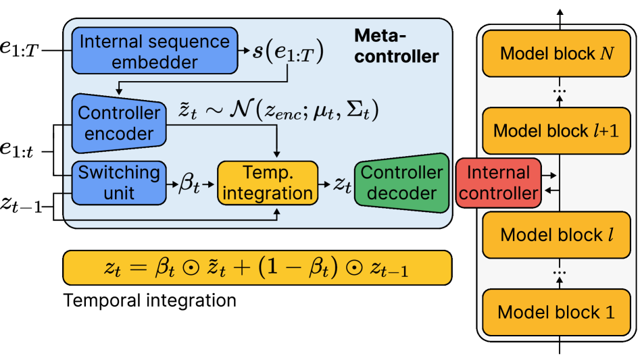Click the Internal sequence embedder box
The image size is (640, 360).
[x=155, y=51]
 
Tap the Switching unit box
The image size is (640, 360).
[x=119, y=182]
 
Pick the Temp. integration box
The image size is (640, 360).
[x=268, y=182]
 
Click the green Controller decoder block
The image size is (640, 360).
[x=401, y=182]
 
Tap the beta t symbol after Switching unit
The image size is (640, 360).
[x=189, y=184]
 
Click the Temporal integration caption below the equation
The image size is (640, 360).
[x=149, y=301]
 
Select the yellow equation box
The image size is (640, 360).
[x=257, y=268]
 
